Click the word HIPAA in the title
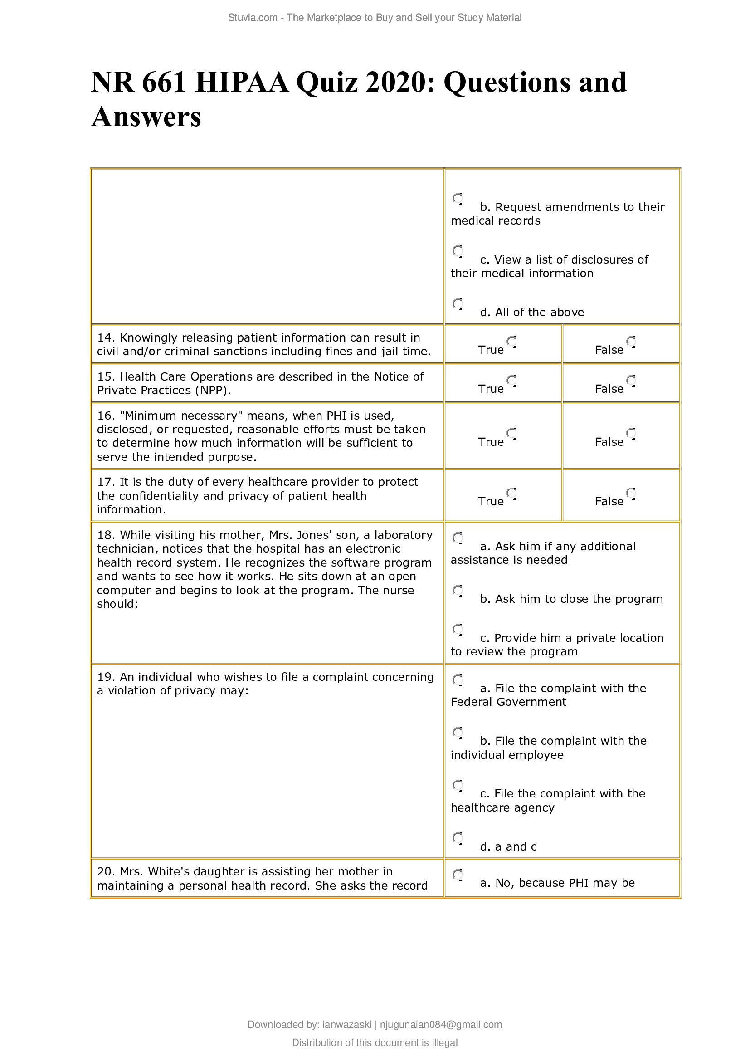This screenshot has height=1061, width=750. [242, 83]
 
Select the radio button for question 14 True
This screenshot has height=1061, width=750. [511, 342]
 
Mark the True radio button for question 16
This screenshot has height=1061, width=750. [511, 434]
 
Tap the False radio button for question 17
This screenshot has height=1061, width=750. [631, 494]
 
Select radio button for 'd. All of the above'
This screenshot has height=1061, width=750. [458, 304]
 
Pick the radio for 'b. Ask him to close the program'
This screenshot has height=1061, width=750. [458, 591]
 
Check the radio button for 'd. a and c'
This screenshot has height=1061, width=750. [458, 839]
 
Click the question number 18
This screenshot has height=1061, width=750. [106, 535]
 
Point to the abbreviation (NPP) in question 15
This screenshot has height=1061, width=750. [212, 391]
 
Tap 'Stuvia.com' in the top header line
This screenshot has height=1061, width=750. [253, 18]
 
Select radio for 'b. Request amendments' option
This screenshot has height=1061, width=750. [458, 199]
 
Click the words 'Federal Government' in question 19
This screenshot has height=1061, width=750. [508, 702]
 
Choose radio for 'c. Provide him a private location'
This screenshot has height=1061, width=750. [458, 630]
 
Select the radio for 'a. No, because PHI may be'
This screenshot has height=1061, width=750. [458, 875]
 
